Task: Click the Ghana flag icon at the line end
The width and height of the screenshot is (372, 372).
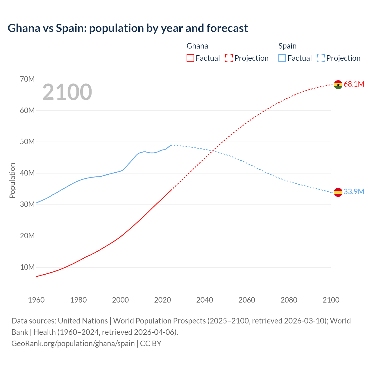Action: point(338,85)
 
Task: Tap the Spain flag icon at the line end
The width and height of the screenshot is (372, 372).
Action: point(338,192)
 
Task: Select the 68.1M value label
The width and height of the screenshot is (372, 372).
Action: point(354,84)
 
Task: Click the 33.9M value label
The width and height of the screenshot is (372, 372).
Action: point(354,192)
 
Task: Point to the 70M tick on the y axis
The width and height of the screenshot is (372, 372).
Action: point(27,79)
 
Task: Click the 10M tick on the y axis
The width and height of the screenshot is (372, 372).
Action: point(27,267)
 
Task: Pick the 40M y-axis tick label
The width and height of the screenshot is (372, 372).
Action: point(27,173)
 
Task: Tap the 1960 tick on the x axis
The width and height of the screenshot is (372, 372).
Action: point(36,300)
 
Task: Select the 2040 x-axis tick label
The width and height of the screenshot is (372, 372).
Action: point(205,300)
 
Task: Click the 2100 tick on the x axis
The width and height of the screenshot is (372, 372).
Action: point(331,300)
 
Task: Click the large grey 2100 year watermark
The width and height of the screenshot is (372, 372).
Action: point(67,92)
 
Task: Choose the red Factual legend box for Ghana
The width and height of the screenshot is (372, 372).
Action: point(190,58)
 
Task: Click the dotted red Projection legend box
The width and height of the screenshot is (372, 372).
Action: point(229,58)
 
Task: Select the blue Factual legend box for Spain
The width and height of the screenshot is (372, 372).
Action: point(282,58)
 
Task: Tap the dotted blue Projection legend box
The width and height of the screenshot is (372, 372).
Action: point(321,58)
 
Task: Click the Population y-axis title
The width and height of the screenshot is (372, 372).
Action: point(12,180)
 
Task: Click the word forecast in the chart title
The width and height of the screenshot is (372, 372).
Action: point(227,28)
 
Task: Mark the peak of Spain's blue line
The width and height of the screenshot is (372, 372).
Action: point(171,145)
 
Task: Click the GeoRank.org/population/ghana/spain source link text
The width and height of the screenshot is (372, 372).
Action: point(73,344)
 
